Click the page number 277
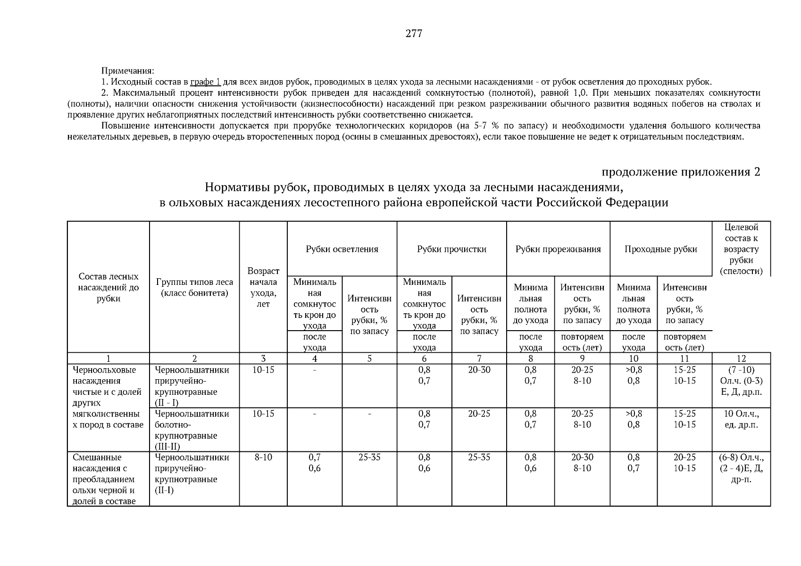point(413,33)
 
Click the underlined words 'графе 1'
point(205,82)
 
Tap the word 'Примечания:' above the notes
point(127,71)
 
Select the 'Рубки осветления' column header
point(342,249)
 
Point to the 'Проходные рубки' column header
point(660,249)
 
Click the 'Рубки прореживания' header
point(558,249)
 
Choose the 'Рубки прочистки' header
point(451,249)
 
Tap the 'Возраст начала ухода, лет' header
point(263,287)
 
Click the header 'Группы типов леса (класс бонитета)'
point(194,287)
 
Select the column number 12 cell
point(741,358)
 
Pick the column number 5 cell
point(369,358)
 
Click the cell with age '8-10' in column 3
point(263,458)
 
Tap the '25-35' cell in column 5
point(369,458)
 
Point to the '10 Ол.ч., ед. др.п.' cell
point(741,419)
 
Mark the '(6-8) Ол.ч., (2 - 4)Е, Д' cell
point(741,468)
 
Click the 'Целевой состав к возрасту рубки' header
point(741,249)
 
